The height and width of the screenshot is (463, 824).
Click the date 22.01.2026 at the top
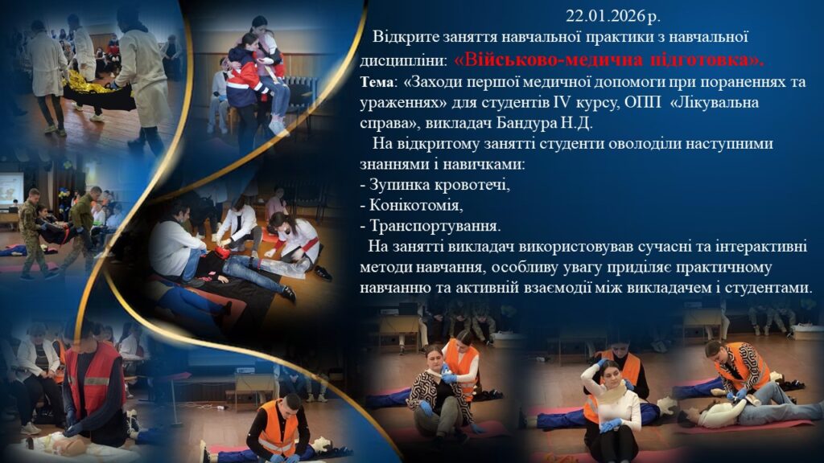tap(606, 16)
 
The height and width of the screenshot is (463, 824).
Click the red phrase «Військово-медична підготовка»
tap(609, 59)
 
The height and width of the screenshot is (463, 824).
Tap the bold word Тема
tap(377, 83)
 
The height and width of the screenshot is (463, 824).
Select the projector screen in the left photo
tap(11, 189)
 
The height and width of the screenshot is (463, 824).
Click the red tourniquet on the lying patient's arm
tap(223, 253)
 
